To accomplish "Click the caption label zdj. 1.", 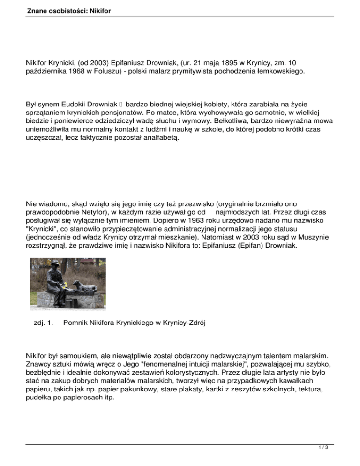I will tap(38, 323).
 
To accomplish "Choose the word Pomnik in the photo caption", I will tap(75, 323).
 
